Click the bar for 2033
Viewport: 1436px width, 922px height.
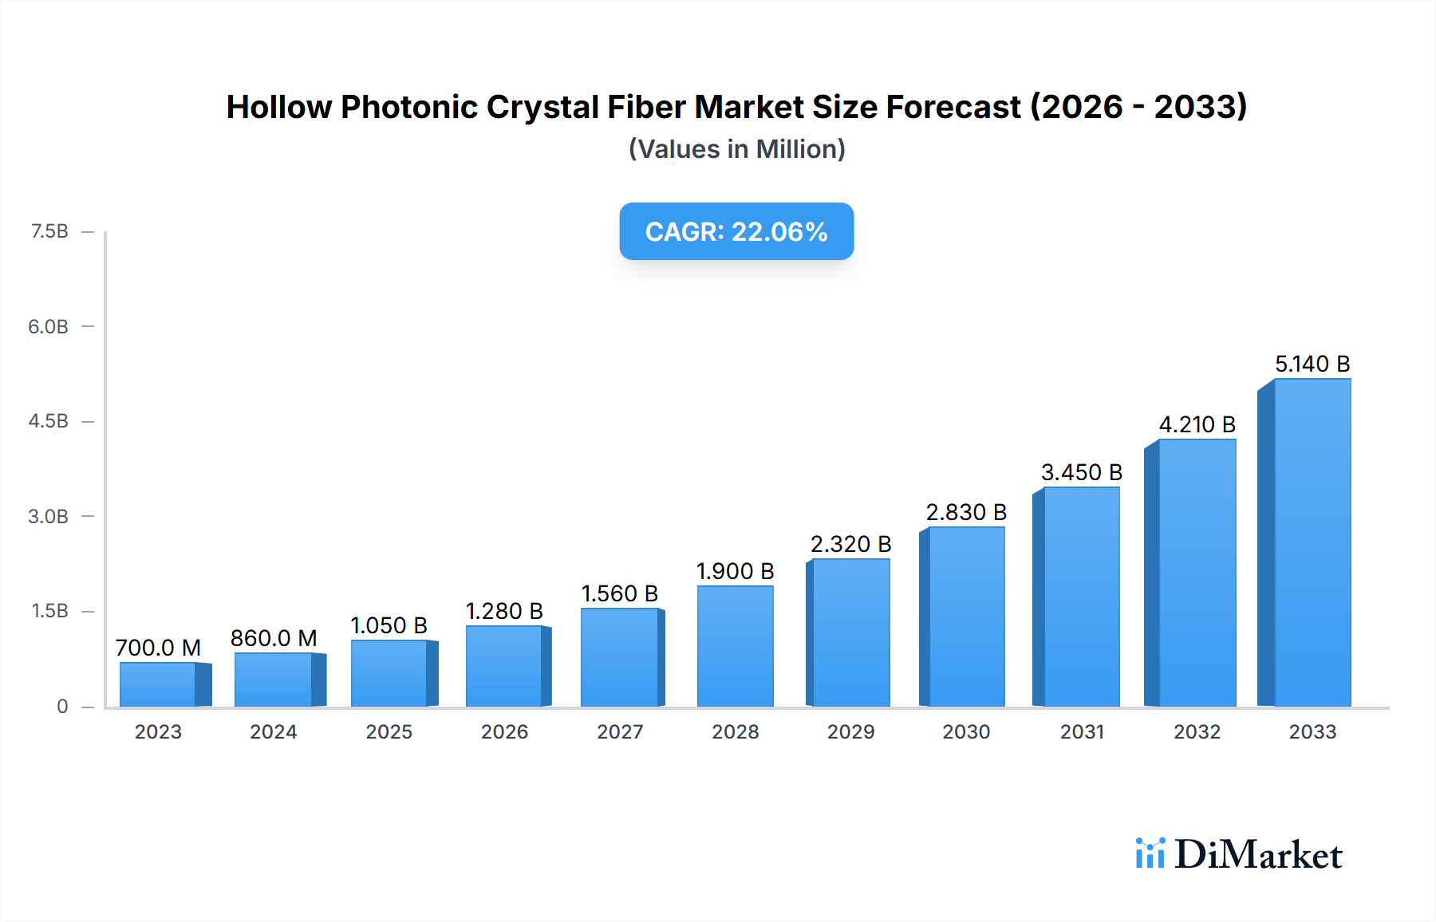click(x=1312, y=542)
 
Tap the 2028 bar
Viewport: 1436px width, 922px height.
click(x=735, y=646)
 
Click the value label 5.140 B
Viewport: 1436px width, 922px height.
click(x=1312, y=364)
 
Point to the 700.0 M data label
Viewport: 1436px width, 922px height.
click(x=158, y=648)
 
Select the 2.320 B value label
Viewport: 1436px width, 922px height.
click(x=850, y=544)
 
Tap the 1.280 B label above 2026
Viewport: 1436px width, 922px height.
click(x=504, y=611)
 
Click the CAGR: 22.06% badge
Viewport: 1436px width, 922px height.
click(x=736, y=231)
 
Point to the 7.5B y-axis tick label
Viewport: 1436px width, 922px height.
click(x=49, y=231)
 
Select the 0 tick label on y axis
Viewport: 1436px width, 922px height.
click(x=62, y=706)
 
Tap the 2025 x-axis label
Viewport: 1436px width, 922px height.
click(x=389, y=731)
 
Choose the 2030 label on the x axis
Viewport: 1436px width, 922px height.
click(x=966, y=731)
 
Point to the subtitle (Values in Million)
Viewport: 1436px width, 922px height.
click(x=736, y=149)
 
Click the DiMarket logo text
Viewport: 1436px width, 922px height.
click(x=1258, y=855)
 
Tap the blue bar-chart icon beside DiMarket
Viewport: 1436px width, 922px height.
click(x=1150, y=853)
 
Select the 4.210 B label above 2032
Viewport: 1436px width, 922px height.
click(x=1197, y=424)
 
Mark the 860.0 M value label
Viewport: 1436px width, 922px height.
click(x=274, y=638)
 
